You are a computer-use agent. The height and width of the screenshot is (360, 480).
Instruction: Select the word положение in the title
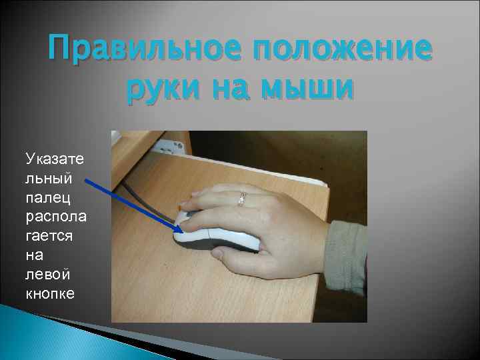[341, 50]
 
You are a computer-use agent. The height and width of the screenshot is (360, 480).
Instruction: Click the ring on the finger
[242, 198]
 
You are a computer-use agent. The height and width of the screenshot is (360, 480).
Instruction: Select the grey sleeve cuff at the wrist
[349, 257]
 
